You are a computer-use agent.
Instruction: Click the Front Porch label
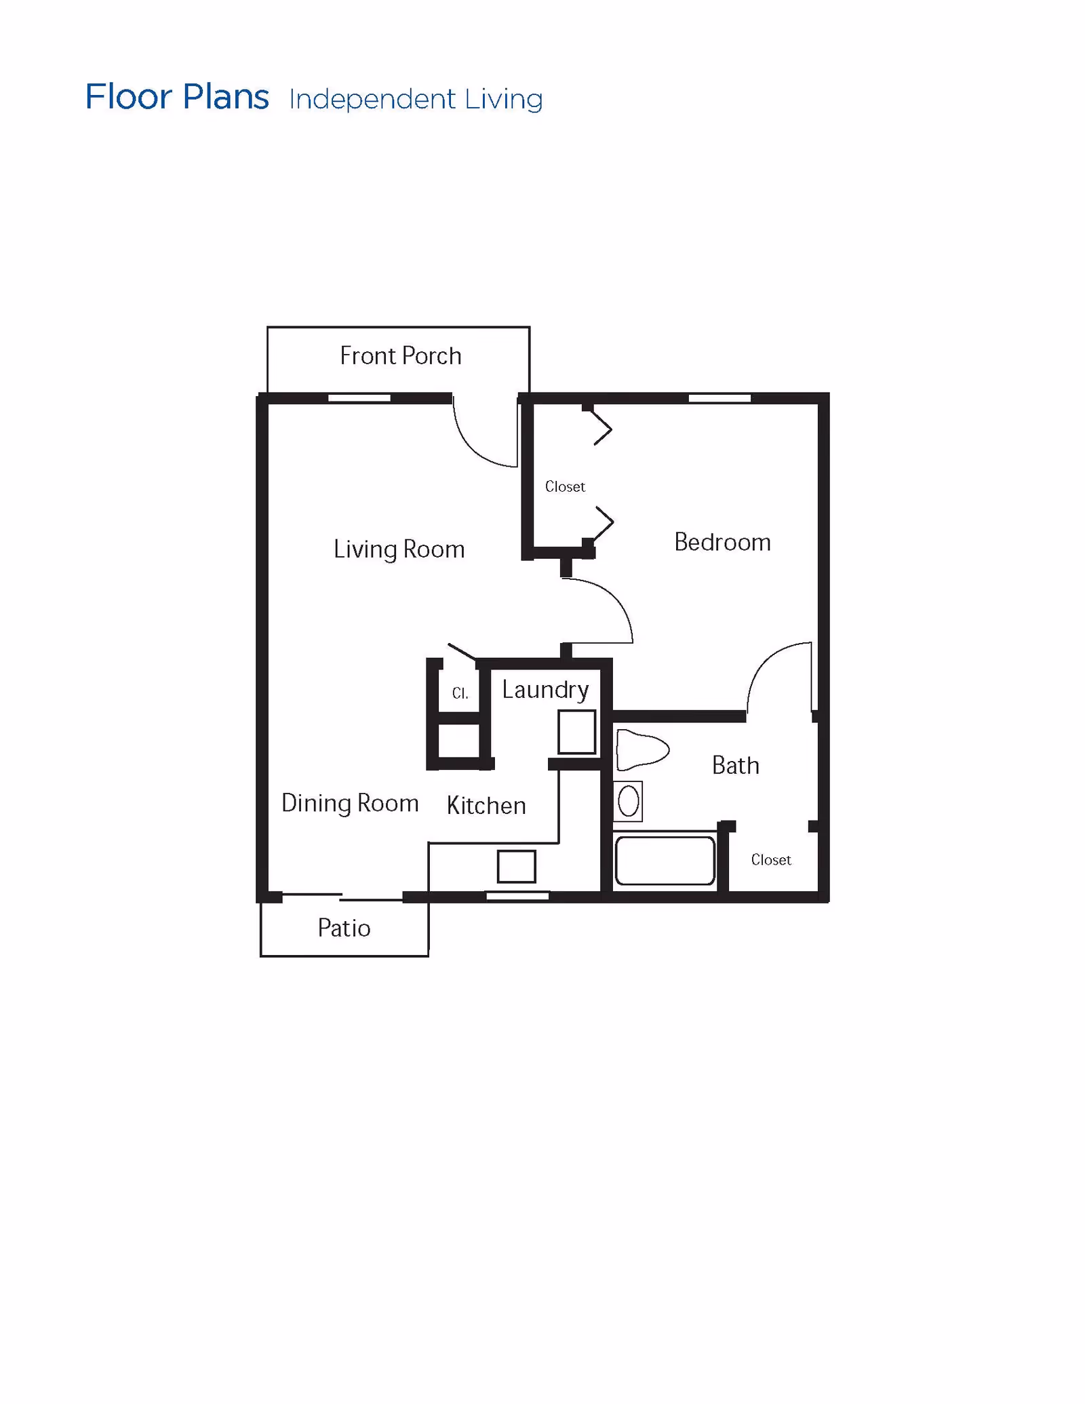pyautogui.click(x=400, y=356)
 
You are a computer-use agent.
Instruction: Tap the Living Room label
pyautogui.click(x=399, y=549)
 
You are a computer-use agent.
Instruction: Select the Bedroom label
pyautogui.click(x=722, y=542)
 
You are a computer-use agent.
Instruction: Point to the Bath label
pyautogui.click(x=735, y=765)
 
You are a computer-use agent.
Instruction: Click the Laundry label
pyautogui.click(x=545, y=690)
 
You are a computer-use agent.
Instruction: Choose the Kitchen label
pyautogui.click(x=486, y=805)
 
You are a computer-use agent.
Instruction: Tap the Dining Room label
pyautogui.click(x=350, y=803)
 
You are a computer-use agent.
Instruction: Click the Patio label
pyautogui.click(x=344, y=928)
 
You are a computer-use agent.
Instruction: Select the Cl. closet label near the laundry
pyautogui.click(x=460, y=693)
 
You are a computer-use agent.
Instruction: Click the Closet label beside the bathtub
pyautogui.click(x=771, y=860)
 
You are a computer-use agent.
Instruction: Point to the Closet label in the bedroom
pyautogui.click(x=565, y=486)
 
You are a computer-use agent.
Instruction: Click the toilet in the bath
pyautogui.click(x=642, y=749)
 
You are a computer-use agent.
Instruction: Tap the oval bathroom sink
pyautogui.click(x=629, y=801)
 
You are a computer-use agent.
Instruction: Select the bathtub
pyautogui.click(x=665, y=861)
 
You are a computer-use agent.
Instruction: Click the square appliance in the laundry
pyautogui.click(x=576, y=732)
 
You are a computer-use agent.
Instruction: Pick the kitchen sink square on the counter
pyautogui.click(x=516, y=866)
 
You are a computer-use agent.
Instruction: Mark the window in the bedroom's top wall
pyautogui.click(x=719, y=398)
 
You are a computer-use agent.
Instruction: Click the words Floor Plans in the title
pyautogui.click(x=177, y=97)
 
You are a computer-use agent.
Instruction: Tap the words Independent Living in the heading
pyautogui.click(x=416, y=99)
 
